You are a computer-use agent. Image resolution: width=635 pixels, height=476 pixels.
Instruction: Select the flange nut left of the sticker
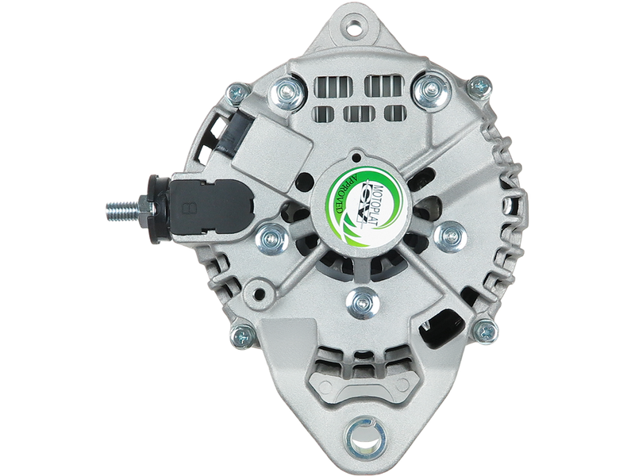(x=273, y=238)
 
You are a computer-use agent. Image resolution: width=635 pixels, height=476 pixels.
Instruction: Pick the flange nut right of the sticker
(x=450, y=235)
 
